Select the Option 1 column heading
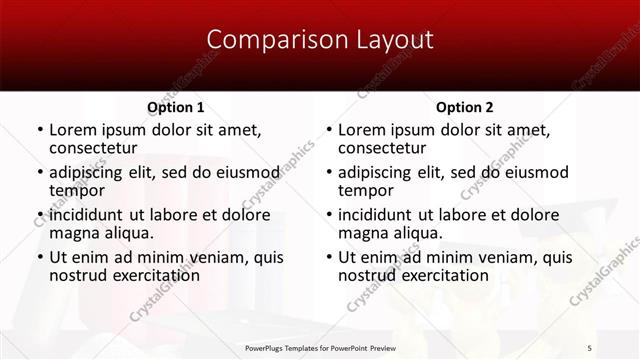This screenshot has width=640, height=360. (x=176, y=107)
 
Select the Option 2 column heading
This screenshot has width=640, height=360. (x=464, y=107)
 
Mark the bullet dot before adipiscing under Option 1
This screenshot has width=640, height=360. (x=39, y=173)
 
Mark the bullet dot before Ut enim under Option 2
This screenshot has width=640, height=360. (x=328, y=258)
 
